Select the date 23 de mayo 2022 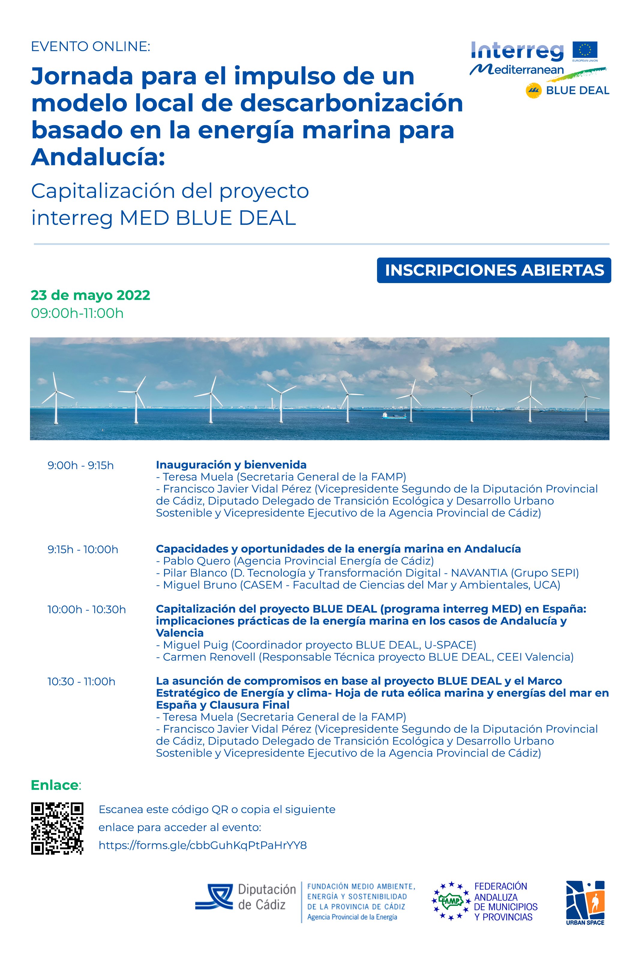coord(90,295)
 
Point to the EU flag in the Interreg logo coord(585,50)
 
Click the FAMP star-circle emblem coord(451,901)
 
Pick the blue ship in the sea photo coord(394,415)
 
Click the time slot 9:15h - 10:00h coord(82,549)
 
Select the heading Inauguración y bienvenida coord(231,465)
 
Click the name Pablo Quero coord(196,561)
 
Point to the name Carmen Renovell coord(209,657)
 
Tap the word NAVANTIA coord(479,573)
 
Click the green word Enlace coord(55,785)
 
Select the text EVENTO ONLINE coord(90,47)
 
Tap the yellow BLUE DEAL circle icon coord(533,90)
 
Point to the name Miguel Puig coord(195,645)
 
